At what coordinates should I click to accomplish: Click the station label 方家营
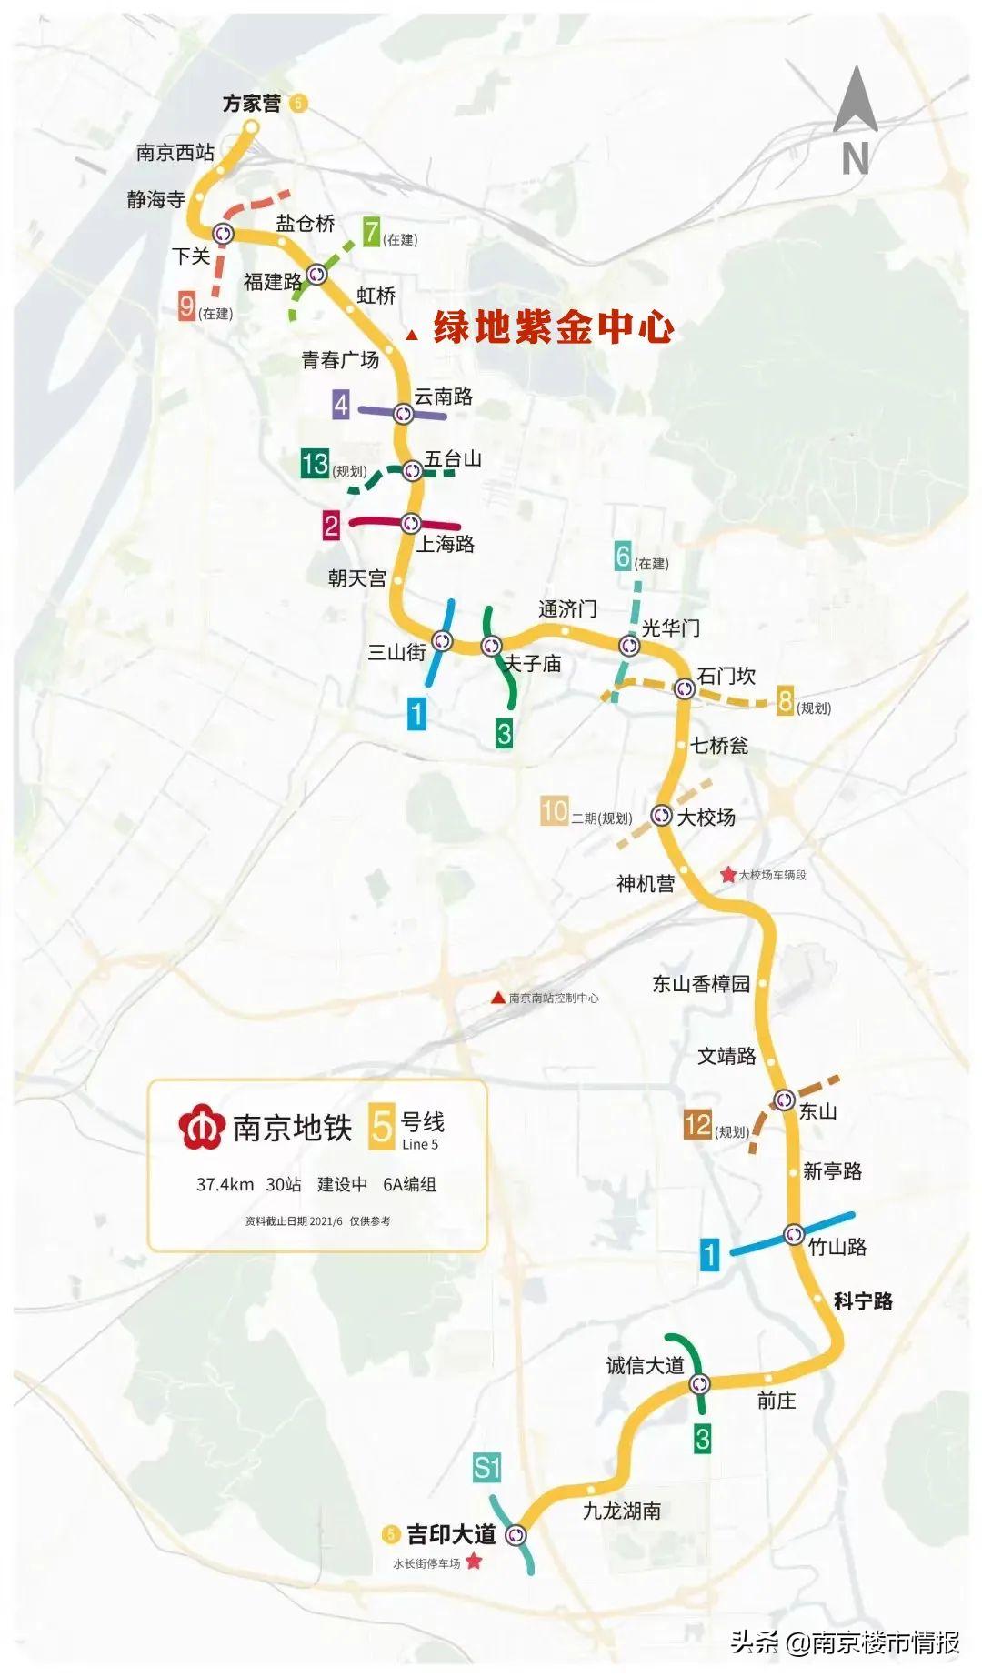coord(252,104)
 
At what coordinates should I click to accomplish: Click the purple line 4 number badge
coord(341,405)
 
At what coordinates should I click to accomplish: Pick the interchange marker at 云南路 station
coord(404,415)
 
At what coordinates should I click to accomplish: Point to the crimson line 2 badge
coord(331,525)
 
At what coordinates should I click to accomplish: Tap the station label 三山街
coord(396,652)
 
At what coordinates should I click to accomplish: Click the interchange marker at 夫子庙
coord(491,647)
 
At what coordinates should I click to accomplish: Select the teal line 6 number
coord(623,556)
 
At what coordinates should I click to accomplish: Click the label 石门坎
coord(726,676)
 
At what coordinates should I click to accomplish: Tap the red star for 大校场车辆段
coord(728,875)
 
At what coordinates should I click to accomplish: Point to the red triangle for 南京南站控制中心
coord(497,998)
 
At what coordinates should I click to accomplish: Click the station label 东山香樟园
coord(701,983)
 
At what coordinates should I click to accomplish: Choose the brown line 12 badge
coord(697,1125)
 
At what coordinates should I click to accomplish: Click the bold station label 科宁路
coord(863,1301)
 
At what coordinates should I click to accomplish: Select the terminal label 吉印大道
coord(451,1534)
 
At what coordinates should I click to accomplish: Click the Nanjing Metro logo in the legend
coord(201,1127)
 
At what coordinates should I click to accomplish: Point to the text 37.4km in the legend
coord(225,1184)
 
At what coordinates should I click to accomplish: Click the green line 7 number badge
coord(371,233)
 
